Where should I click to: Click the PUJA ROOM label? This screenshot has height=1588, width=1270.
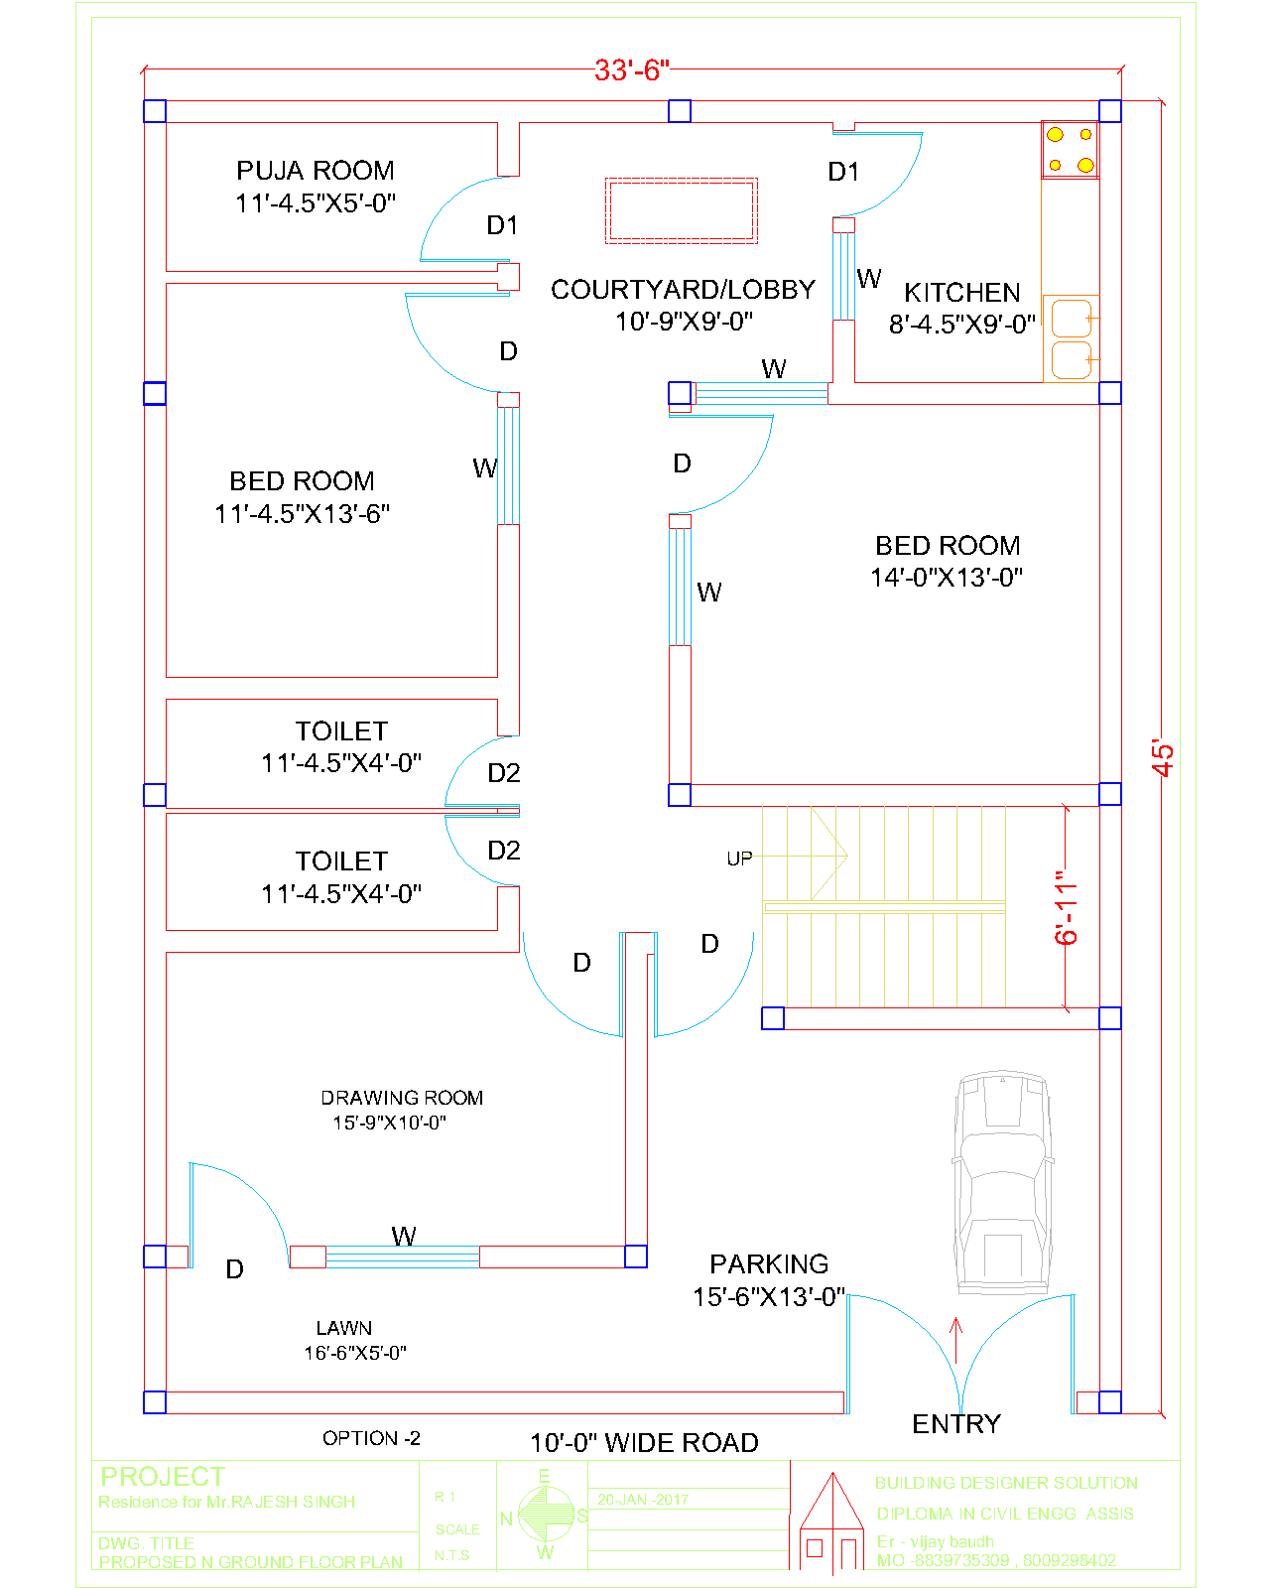click(x=316, y=171)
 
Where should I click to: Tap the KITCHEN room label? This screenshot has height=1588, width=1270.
click(x=961, y=293)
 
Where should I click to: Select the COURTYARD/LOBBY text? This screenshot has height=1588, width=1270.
click(x=683, y=290)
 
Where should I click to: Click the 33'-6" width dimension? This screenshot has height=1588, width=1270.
click(x=632, y=70)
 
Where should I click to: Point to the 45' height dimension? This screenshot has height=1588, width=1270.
click(x=1163, y=756)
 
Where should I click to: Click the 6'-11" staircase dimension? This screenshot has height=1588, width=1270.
click(x=1067, y=907)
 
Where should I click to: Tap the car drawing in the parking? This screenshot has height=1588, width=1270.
click(x=1002, y=1181)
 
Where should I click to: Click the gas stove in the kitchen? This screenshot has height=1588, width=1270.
click(x=1070, y=150)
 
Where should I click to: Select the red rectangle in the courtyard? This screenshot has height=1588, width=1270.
click(x=682, y=210)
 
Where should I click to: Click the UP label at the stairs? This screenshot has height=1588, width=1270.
click(x=739, y=859)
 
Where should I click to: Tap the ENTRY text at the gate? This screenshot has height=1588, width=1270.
click(x=956, y=1424)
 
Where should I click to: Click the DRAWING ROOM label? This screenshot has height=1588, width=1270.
click(x=402, y=1098)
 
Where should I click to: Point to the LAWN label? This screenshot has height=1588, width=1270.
click(x=344, y=1328)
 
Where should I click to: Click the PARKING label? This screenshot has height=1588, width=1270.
click(x=769, y=1264)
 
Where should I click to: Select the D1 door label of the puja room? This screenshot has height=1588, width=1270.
click(x=502, y=226)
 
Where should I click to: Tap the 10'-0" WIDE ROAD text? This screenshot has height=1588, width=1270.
click(x=644, y=1443)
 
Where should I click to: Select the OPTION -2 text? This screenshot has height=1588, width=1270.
click(x=371, y=1438)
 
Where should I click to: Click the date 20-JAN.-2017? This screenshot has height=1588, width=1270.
click(x=642, y=1500)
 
